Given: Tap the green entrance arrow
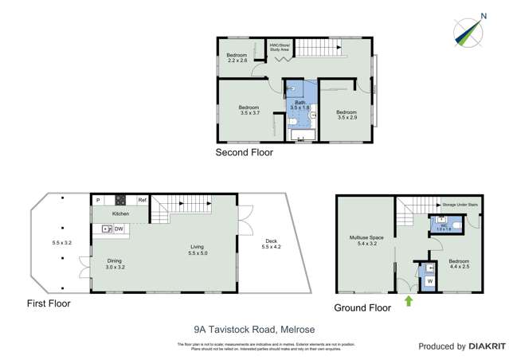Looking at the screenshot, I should (409, 300).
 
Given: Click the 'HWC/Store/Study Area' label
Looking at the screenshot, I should (279, 48).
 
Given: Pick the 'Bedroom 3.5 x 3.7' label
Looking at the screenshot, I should (250, 110).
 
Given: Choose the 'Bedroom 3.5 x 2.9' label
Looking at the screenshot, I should (346, 114).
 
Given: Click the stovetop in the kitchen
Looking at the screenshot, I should (121, 200).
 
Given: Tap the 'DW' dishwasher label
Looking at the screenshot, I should (118, 229).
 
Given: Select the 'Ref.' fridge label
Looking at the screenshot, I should (143, 200).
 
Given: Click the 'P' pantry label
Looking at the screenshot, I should (98, 200).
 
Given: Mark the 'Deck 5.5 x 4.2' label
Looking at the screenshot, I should (272, 245).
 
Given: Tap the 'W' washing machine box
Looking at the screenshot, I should (430, 280).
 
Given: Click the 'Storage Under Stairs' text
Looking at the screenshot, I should (460, 205).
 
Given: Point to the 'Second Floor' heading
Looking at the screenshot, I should (244, 152).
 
